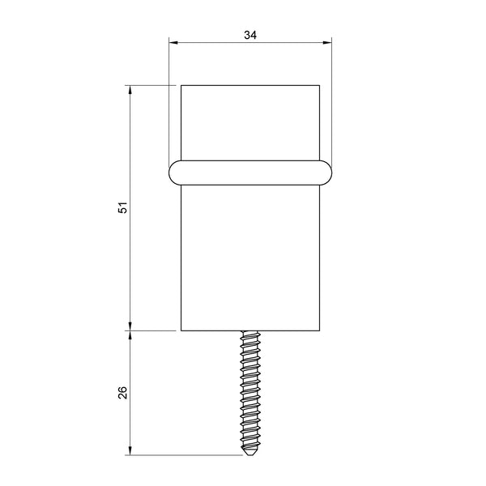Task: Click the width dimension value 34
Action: point(250,35)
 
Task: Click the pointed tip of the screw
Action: point(250,454)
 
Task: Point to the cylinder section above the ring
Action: point(250,122)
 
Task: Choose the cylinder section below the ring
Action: point(250,259)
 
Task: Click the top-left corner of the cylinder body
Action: point(180,84)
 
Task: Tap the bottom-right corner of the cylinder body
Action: point(322,330)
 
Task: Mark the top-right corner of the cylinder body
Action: point(322,84)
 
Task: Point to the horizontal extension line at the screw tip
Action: point(186,456)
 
